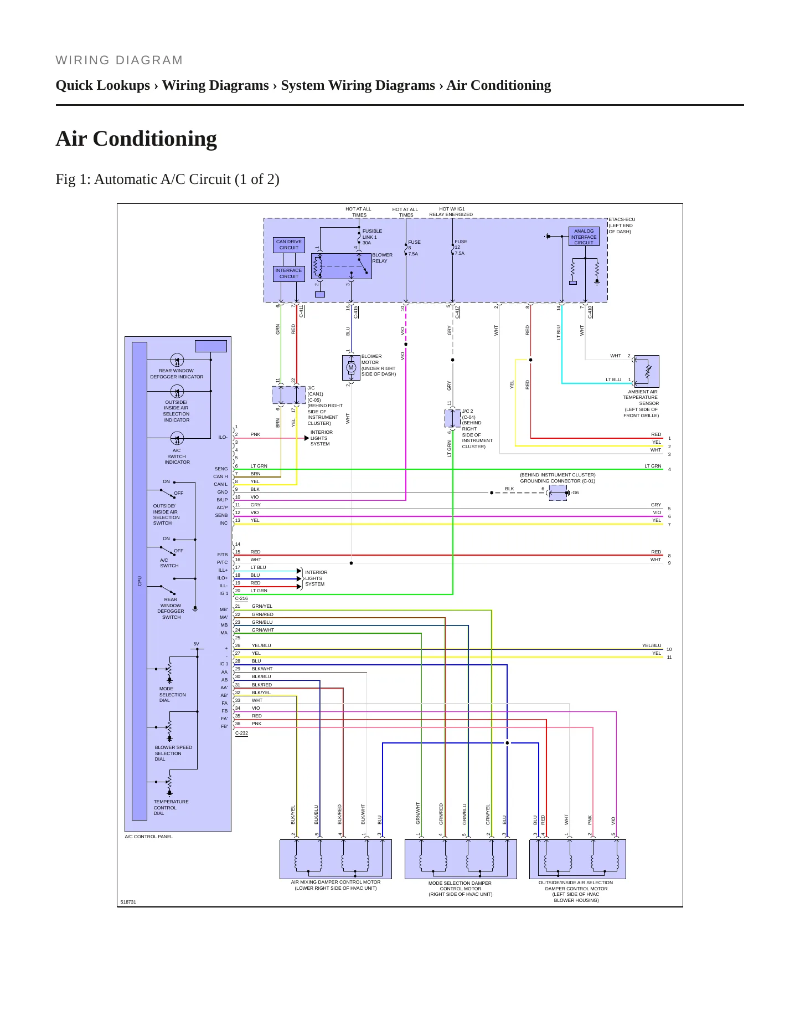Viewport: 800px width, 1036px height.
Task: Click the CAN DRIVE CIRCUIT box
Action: pyautogui.click(x=289, y=245)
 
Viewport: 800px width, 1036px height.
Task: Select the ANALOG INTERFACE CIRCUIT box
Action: pyautogui.click(x=584, y=237)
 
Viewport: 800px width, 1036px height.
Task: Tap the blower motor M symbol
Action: pyautogui.click(x=351, y=368)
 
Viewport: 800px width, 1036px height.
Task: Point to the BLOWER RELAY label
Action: pyautogui.click(x=382, y=258)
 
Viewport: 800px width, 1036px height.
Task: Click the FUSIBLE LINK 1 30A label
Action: pyautogui.click(x=372, y=237)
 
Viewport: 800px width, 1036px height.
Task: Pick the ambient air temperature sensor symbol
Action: pyautogui.click(x=647, y=371)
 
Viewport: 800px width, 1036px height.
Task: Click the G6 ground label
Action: pyautogui.click(x=576, y=493)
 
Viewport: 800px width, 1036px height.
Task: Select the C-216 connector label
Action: pyautogui.click(x=241, y=599)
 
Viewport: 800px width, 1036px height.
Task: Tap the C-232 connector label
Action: pyautogui.click(x=241, y=734)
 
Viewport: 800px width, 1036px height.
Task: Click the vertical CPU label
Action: pyautogui.click(x=140, y=581)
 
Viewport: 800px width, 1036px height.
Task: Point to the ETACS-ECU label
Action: pyautogui.click(x=622, y=219)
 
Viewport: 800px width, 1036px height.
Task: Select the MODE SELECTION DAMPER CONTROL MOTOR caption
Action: pyautogui.click(x=460, y=889)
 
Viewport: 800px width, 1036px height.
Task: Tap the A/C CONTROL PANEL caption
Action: pyautogui.click(x=148, y=837)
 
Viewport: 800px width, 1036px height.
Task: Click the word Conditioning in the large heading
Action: pyautogui.click(x=154, y=139)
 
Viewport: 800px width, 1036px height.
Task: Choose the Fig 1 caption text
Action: pyautogui.click(x=167, y=179)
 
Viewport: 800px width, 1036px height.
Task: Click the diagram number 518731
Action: pyautogui.click(x=128, y=902)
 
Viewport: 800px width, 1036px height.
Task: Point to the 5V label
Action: pyautogui.click(x=196, y=644)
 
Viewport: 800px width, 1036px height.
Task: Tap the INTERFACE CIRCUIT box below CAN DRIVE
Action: pyautogui.click(x=289, y=274)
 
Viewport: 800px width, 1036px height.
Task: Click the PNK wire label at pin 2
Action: pyautogui.click(x=255, y=434)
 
